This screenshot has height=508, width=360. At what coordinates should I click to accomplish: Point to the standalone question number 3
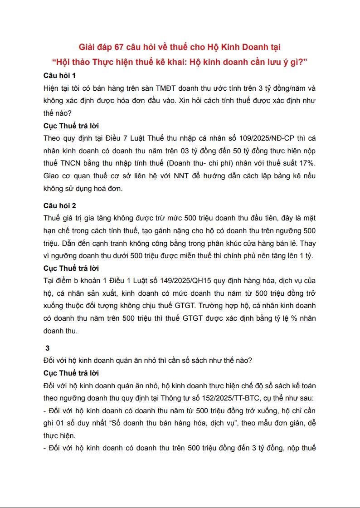[x=47, y=348]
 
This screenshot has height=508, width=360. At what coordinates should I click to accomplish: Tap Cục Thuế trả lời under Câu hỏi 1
[x=71, y=126]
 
